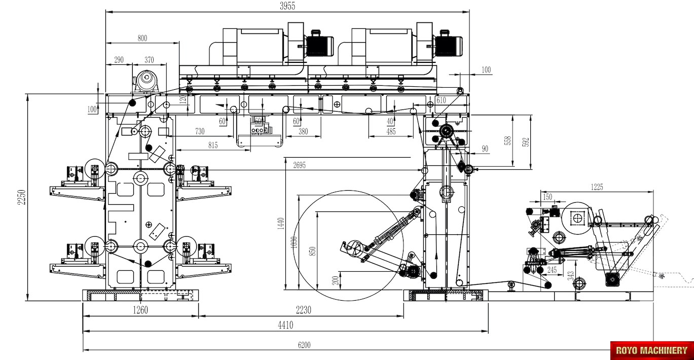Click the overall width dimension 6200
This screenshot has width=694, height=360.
click(x=304, y=345)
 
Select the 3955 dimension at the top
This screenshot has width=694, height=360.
click(x=287, y=6)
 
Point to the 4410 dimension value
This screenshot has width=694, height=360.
click(x=285, y=326)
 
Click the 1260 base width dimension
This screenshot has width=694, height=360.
click(x=140, y=310)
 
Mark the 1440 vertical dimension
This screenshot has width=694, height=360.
click(x=281, y=224)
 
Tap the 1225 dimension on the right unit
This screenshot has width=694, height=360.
click(x=597, y=187)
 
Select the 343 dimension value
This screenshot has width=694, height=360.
click(x=571, y=276)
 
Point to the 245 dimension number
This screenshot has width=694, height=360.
click(x=552, y=270)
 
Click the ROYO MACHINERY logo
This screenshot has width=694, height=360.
click(x=651, y=350)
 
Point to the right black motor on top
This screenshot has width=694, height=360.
click(x=447, y=45)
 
